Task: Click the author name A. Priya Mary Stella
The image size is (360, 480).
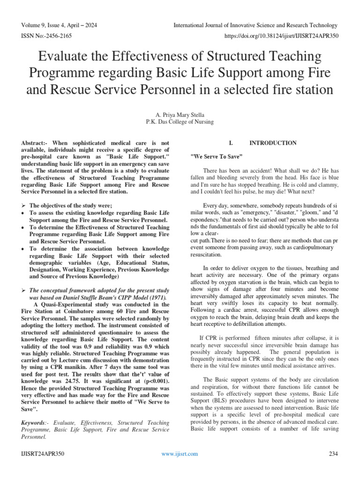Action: tap(180, 113)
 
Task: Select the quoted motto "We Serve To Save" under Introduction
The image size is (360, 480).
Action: tap(216, 156)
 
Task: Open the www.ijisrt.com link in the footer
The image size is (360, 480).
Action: tap(180, 454)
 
